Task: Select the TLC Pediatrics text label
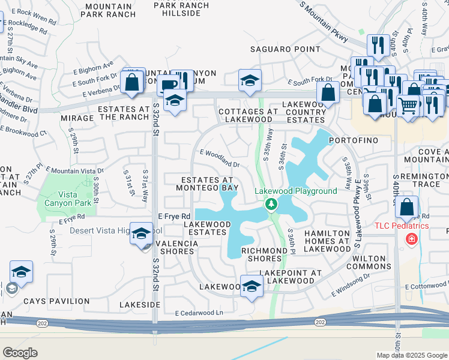coord(402,226)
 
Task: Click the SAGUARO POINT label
coord(286,49)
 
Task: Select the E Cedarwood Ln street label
coord(199,313)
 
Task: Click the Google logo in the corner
coord(20,352)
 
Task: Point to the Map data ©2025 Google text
coord(412,355)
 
